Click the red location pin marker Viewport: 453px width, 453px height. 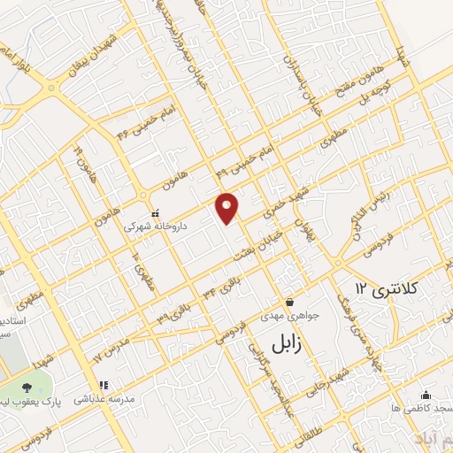tap(227, 208)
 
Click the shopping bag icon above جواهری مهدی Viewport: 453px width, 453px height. tap(288, 301)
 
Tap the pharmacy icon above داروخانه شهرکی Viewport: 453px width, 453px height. tap(155, 212)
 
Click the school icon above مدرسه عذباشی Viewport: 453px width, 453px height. tap(104, 385)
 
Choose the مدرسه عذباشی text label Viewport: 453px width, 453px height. tap(105, 399)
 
